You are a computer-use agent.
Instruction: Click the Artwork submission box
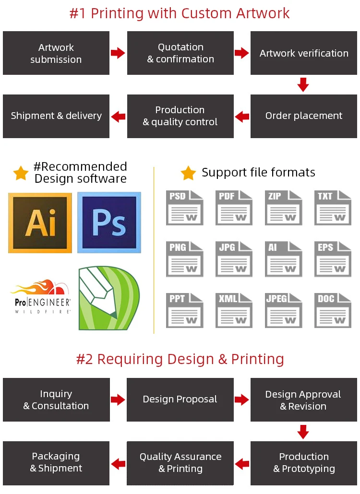[56, 53]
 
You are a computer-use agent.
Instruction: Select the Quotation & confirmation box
[180, 53]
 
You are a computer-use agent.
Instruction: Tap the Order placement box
[303, 116]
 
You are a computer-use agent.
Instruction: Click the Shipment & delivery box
[56, 116]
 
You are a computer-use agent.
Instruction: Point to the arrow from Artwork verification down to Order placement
[303, 84]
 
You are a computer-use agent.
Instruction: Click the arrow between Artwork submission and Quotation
[118, 53]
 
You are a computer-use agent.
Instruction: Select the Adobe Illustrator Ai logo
[40, 223]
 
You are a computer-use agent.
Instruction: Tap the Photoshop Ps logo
[109, 223]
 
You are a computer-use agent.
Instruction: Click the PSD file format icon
[185, 208]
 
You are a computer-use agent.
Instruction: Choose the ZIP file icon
[283, 208]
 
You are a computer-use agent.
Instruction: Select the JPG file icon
[234, 259]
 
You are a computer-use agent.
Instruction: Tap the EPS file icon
[333, 259]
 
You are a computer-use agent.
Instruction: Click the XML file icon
[234, 310]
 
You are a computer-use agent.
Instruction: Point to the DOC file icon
[333, 310]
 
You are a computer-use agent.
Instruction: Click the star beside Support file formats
[188, 173]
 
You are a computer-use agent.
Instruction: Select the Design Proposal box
[180, 400]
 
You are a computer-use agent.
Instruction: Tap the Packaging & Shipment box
[56, 463]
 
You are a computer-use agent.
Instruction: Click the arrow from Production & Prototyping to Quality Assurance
[242, 463]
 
